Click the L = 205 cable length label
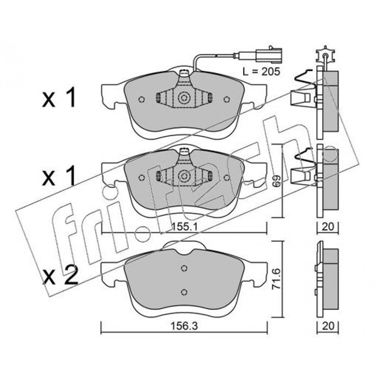point(261,71)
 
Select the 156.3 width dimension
point(184,326)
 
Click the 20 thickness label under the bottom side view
point(328,326)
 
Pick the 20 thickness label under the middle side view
point(328,226)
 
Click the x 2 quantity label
point(60,275)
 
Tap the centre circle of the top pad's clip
point(184,98)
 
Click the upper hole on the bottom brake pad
point(184,268)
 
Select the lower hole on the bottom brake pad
point(184,292)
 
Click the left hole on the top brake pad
point(141,99)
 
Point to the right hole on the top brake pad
point(226,99)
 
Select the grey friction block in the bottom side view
point(331,279)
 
